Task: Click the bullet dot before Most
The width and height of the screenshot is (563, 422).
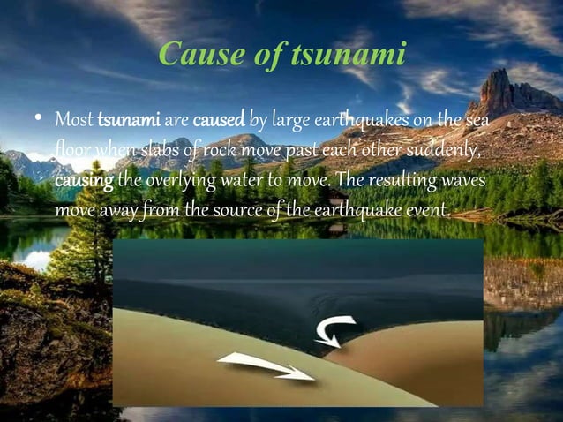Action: point(39,119)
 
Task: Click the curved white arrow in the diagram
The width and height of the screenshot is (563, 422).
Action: point(333,330)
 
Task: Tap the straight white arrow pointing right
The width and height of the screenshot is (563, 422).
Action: point(266,365)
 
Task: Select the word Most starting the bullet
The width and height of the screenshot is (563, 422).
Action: point(74,118)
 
